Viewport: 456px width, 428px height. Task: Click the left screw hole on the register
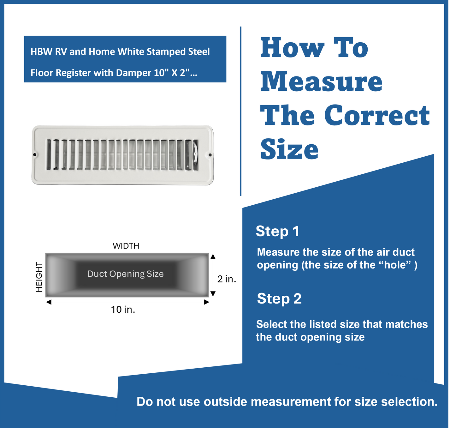[x=35, y=155]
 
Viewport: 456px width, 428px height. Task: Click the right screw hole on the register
[x=210, y=155]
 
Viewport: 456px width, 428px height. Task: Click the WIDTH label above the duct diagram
[x=126, y=246]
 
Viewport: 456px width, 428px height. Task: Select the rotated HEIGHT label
[x=39, y=277]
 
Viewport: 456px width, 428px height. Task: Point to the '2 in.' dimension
[x=227, y=279]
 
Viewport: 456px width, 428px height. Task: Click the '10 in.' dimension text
[x=123, y=310]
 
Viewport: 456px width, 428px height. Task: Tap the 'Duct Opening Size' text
[x=125, y=274]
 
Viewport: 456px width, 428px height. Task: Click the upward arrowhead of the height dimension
[x=213, y=256]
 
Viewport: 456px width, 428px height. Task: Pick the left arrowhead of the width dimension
[x=49, y=302]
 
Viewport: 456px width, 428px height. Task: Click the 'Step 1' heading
[x=277, y=231]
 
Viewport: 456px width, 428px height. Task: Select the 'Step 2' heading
[x=279, y=299]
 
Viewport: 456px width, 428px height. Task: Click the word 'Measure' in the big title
[x=321, y=82]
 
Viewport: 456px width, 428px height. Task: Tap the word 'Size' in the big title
[x=289, y=149]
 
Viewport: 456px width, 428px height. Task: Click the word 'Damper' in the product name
[x=133, y=73]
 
